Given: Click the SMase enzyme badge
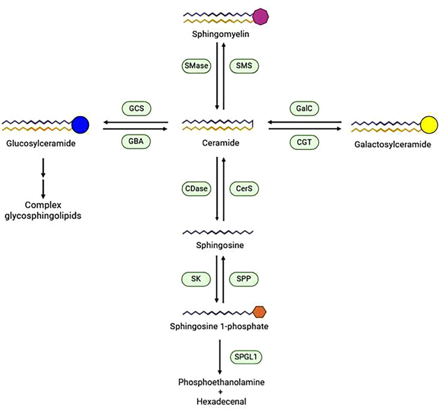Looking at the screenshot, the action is [x=196, y=66].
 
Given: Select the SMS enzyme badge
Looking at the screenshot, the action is [x=244, y=66].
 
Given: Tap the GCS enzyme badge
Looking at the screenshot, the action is [x=136, y=108].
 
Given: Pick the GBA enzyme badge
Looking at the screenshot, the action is [x=136, y=141].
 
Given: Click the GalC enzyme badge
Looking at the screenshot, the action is [x=304, y=108].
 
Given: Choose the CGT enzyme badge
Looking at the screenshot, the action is [x=304, y=143].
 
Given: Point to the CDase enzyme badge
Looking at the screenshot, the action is [x=196, y=189].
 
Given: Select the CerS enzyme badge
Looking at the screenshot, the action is [x=244, y=189].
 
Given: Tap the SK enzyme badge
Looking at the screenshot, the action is [x=196, y=279].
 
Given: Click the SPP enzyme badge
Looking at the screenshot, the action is [x=243, y=279].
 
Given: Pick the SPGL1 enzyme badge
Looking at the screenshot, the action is [x=246, y=357].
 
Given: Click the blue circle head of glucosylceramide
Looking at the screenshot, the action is [x=80, y=125].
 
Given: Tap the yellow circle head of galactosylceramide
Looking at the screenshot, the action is [x=429, y=125].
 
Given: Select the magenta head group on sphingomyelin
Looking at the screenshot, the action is [x=260, y=16].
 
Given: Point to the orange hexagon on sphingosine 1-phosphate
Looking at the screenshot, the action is [x=260, y=312].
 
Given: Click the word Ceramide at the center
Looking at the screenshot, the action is [x=220, y=143].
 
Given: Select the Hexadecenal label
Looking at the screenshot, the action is [x=221, y=402].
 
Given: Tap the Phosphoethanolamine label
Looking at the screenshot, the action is [x=221, y=382].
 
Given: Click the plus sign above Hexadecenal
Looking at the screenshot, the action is [x=220, y=392].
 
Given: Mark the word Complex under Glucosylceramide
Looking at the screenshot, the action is [x=43, y=205].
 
